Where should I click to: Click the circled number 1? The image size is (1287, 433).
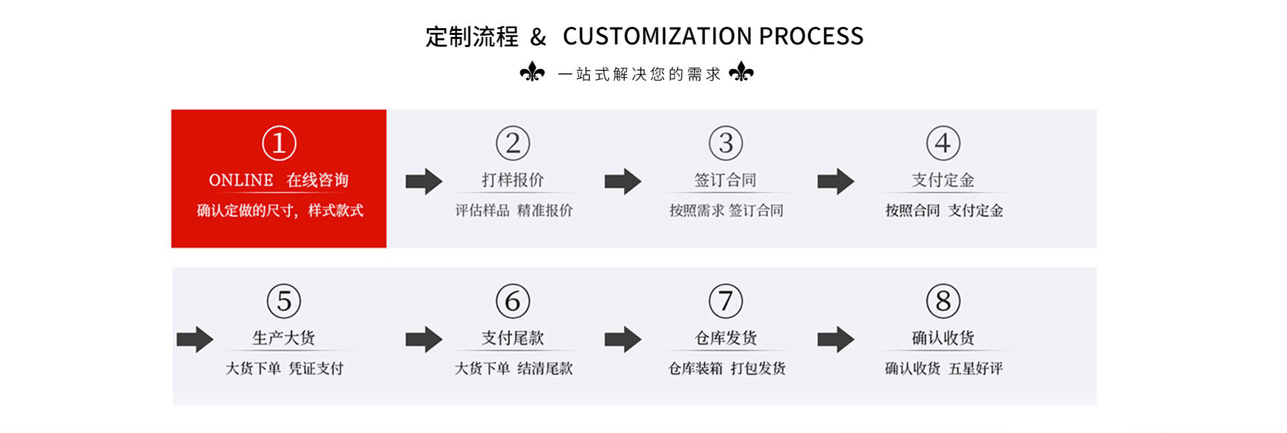pyautogui.click(x=279, y=143)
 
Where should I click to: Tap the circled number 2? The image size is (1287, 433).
pyautogui.click(x=513, y=143)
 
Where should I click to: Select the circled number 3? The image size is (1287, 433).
pyautogui.click(x=725, y=143)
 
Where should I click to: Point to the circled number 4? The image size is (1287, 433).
pyautogui.click(x=942, y=143)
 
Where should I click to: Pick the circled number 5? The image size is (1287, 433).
pyautogui.click(x=284, y=301)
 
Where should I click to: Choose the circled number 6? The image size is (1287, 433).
pyautogui.click(x=513, y=301)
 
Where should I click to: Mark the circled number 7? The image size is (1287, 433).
pyautogui.click(x=725, y=301)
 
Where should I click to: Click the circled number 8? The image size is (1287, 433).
pyautogui.click(x=942, y=301)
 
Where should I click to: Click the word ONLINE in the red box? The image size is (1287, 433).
pyautogui.click(x=241, y=180)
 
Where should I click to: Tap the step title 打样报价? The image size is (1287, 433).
pyautogui.click(x=513, y=180)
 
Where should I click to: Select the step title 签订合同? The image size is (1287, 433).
pyautogui.click(x=725, y=180)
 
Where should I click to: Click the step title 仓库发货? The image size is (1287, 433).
pyautogui.click(x=725, y=338)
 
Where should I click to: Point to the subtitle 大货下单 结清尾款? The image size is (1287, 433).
pyautogui.click(x=513, y=368)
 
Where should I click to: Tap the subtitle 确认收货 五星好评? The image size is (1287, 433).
pyautogui.click(x=944, y=368)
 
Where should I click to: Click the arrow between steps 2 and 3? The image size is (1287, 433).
pyautogui.click(x=623, y=181)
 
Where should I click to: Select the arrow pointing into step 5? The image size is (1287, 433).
pyautogui.click(x=195, y=339)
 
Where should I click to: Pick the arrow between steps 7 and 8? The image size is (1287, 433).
pyautogui.click(x=835, y=339)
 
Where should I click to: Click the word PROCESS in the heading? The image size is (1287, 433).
pyautogui.click(x=811, y=36)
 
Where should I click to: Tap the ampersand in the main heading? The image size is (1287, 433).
pyautogui.click(x=538, y=37)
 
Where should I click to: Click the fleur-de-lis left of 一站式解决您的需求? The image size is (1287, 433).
pyautogui.click(x=532, y=72)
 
